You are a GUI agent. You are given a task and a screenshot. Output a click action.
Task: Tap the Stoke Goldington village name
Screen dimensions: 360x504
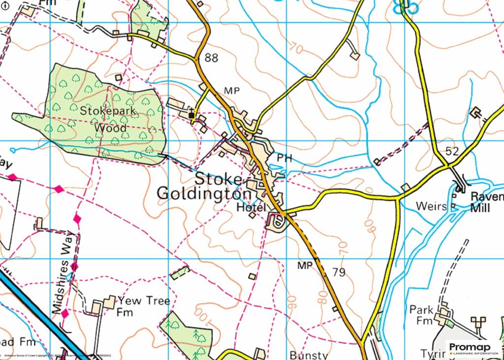click(x=205, y=186)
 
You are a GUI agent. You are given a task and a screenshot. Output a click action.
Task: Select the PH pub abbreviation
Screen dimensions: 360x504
click(x=284, y=159)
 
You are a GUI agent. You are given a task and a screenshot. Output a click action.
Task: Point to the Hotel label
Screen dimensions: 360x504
click(x=252, y=207)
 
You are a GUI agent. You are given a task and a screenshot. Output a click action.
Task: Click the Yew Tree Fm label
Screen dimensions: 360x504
click(x=143, y=306)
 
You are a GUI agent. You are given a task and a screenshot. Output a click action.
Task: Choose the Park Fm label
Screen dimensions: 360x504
click(x=422, y=315)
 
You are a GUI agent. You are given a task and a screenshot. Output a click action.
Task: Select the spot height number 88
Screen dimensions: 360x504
click(x=211, y=59)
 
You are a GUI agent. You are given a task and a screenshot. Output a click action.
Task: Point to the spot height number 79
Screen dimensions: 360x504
click(x=339, y=272)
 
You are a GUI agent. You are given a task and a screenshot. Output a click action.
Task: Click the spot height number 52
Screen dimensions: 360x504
click(x=452, y=151)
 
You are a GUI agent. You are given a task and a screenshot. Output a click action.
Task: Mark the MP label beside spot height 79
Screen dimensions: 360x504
click(x=306, y=265)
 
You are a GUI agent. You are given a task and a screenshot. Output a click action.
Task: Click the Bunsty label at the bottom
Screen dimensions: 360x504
click(x=309, y=355)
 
